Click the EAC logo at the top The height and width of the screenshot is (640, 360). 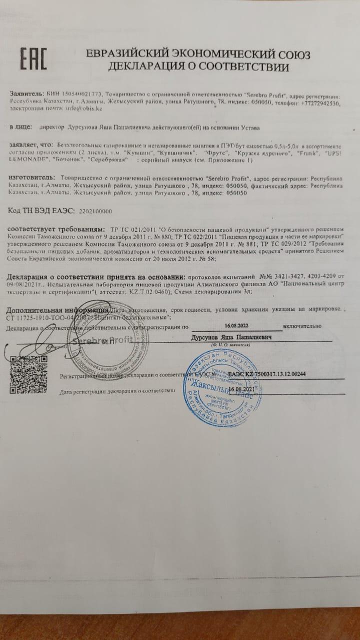coord(33,59)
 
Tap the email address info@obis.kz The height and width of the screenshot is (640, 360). coord(84,108)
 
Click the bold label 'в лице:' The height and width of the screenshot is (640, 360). coord(20,127)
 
